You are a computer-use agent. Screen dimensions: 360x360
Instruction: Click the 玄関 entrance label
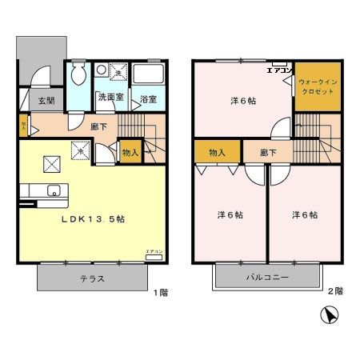pos(46,101)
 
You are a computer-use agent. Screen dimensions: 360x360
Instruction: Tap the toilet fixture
pos(77,76)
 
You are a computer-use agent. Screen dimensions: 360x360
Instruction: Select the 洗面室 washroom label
pos(109,98)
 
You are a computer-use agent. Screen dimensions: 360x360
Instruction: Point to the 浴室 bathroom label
pos(148,100)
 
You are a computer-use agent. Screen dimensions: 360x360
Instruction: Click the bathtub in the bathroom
pos(149,75)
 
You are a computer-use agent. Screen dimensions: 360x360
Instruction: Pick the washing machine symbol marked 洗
pos(117,73)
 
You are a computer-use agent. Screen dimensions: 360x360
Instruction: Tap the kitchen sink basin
pos(54,190)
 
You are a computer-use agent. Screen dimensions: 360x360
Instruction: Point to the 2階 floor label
pos(336,292)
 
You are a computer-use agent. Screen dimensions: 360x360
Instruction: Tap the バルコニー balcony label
pos(267,278)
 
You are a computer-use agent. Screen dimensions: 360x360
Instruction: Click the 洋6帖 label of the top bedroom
pos(243,101)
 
